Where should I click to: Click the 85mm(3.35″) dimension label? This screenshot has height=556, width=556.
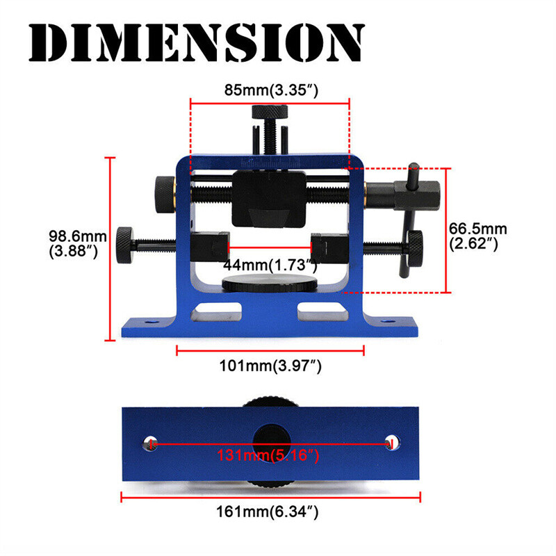[271, 90]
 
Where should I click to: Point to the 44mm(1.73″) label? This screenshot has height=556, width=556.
[270, 265]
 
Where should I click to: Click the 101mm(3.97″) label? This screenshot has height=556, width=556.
[271, 366]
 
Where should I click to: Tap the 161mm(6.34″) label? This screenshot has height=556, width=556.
[271, 512]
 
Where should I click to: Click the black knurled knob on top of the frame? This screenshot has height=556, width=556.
[271, 112]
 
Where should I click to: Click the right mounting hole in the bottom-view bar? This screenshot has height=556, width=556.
[391, 443]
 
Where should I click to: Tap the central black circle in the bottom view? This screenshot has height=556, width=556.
[271, 442]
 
